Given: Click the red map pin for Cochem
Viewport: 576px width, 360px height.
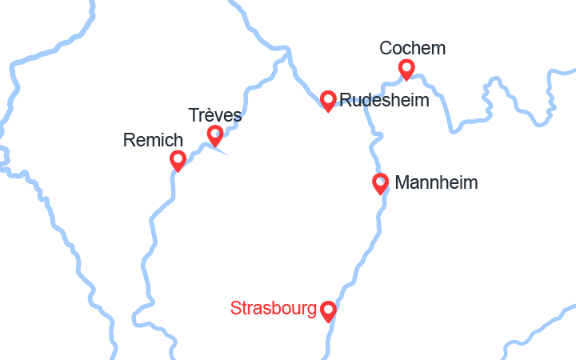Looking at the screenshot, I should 406,68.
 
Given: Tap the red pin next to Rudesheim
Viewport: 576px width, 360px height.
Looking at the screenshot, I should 328,99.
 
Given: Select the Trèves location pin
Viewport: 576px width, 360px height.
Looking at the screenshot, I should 215,134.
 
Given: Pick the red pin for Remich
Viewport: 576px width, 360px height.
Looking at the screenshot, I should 178,159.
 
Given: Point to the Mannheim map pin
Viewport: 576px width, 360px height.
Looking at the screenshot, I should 381,182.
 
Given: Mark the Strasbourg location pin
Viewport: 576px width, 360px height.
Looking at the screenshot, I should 328,310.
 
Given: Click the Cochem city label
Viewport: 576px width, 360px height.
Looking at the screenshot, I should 413,49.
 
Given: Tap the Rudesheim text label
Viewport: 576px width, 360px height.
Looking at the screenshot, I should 384,100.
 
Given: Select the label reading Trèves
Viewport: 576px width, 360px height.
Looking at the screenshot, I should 215,115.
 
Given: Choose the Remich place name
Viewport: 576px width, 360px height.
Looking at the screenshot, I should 153,141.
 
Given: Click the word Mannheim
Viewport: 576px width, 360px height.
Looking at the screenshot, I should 436,182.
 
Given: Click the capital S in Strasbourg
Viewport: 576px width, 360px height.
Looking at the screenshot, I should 235,308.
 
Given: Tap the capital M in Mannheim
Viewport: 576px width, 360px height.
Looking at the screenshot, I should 402,182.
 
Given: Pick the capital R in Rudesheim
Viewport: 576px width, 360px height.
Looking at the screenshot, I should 346,100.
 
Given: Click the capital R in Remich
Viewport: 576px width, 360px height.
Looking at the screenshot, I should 129,141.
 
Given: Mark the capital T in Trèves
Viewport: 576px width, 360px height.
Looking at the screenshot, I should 194,115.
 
